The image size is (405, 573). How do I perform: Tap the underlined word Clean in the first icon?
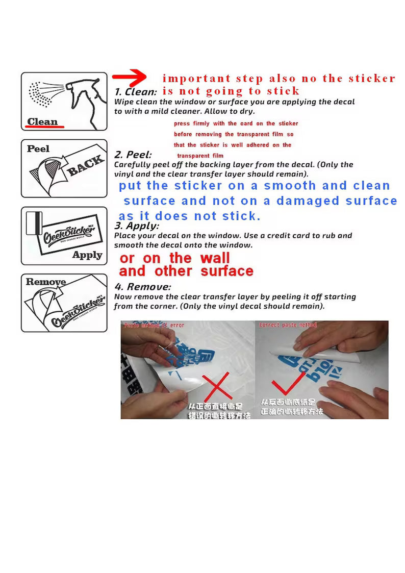click(x=42, y=121)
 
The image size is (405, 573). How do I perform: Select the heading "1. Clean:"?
click(x=135, y=92)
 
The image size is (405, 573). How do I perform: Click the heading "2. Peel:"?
click(x=133, y=155)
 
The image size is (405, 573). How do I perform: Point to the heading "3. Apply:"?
click(x=136, y=226)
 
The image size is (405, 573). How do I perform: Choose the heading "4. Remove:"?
click(x=142, y=287)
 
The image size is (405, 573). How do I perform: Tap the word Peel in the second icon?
click(x=38, y=148)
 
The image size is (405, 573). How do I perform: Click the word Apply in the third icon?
click(x=87, y=255)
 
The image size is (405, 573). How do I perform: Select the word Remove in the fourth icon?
click(x=46, y=282)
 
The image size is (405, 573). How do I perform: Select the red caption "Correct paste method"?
click(x=288, y=325)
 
